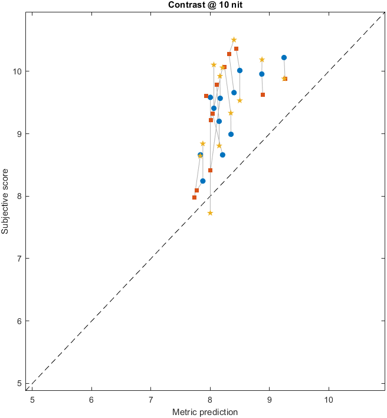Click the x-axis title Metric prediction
[205, 412]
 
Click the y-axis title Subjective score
[5, 200]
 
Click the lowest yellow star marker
[210, 213]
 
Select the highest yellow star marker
[234, 40]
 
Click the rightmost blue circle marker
[284, 57]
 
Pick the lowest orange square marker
[194, 197]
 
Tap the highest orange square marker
[236, 48]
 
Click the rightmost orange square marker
[285, 78]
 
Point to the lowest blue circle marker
[202, 181]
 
